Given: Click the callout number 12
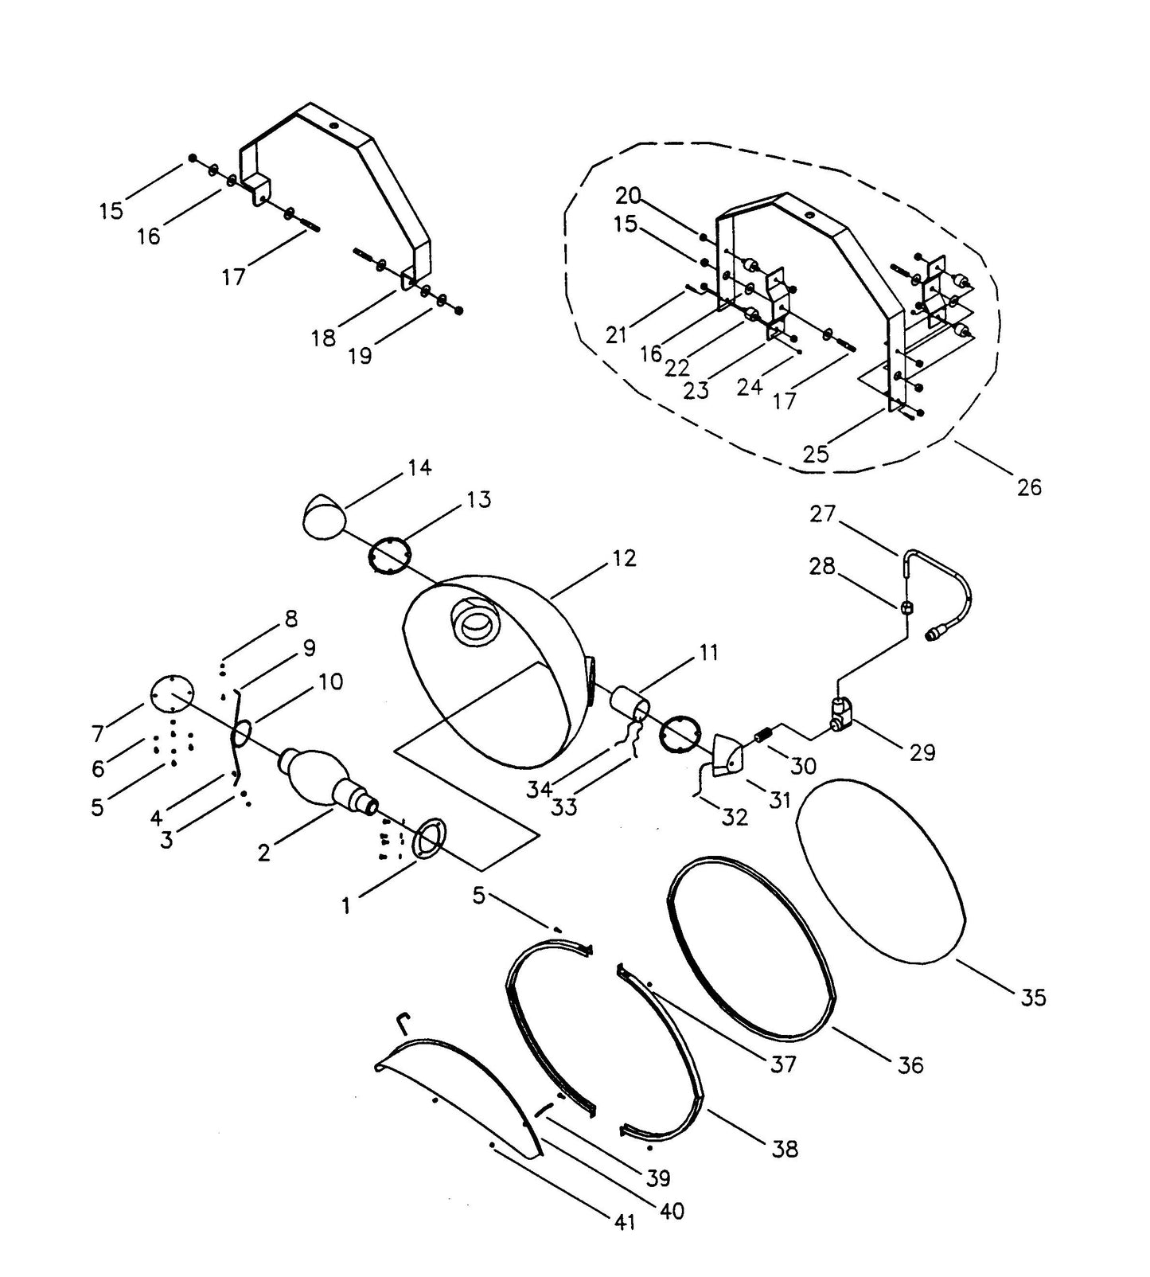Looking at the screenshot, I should [x=625, y=559].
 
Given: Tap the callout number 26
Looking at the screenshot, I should [x=1028, y=486].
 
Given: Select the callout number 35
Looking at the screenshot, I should [x=1032, y=997].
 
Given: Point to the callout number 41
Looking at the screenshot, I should [x=625, y=1221].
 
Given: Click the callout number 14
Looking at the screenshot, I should [x=419, y=467].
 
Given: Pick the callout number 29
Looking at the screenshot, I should [x=922, y=752].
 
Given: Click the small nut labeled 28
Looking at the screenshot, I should [x=906, y=608].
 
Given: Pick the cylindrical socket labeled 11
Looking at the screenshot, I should [x=627, y=706].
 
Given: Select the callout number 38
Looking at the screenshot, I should [x=785, y=1148].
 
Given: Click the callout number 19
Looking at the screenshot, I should [x=360, y=355].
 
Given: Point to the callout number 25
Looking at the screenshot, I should [x=816, y=454].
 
